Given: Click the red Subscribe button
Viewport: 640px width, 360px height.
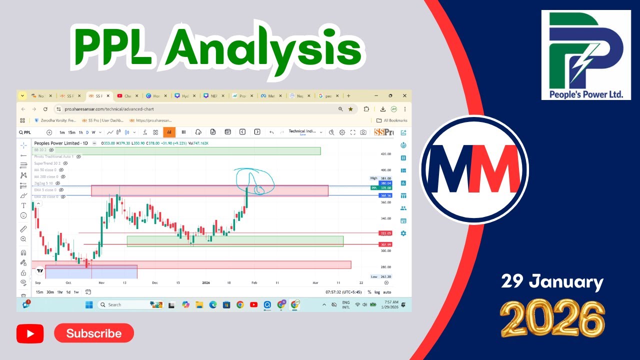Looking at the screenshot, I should [94, 333].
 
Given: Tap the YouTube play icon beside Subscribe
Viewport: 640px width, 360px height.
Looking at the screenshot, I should [30, 333].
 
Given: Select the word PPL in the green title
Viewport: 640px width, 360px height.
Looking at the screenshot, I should [114, 49].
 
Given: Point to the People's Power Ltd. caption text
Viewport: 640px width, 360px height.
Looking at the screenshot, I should [585, 93].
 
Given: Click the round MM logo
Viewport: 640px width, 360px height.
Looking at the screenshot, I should [473, 169].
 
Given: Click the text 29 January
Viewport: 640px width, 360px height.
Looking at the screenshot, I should [552, 282].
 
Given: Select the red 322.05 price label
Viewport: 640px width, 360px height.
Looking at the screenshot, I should [385, 233].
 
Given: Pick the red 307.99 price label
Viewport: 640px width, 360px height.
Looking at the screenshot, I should [385, 244].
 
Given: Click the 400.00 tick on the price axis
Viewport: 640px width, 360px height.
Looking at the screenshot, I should [385, 170].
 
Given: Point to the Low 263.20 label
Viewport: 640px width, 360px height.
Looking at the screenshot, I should [381, 276].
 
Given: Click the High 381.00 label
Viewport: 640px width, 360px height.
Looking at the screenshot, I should [381, 178].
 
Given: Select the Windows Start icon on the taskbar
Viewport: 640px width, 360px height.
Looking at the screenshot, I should [89, 304].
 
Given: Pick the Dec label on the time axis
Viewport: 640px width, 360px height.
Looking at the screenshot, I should [155, 282].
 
